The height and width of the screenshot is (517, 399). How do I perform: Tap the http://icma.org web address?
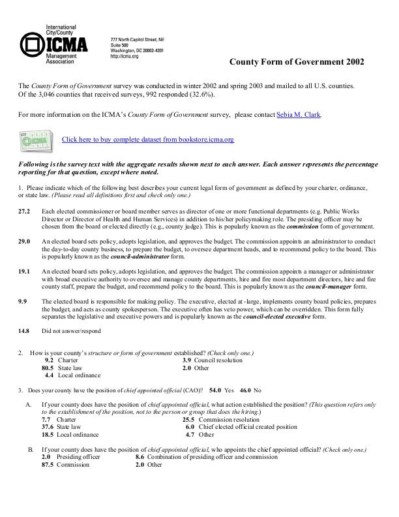[x=125, y=56]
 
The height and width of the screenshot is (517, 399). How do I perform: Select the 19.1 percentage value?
[x=24, y=270]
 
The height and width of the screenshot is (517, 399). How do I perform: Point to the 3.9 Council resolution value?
[x=186, y=360]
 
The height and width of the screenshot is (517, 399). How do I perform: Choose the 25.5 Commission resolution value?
[x=188, y=420]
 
